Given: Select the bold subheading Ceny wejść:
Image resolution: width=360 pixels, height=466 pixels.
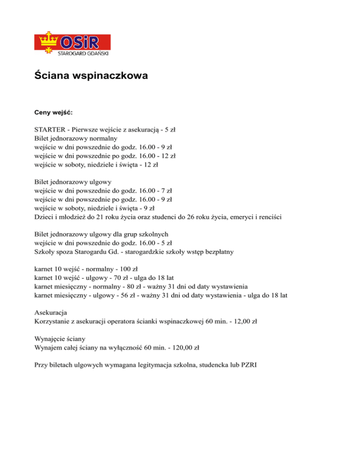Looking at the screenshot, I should (53, 113).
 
